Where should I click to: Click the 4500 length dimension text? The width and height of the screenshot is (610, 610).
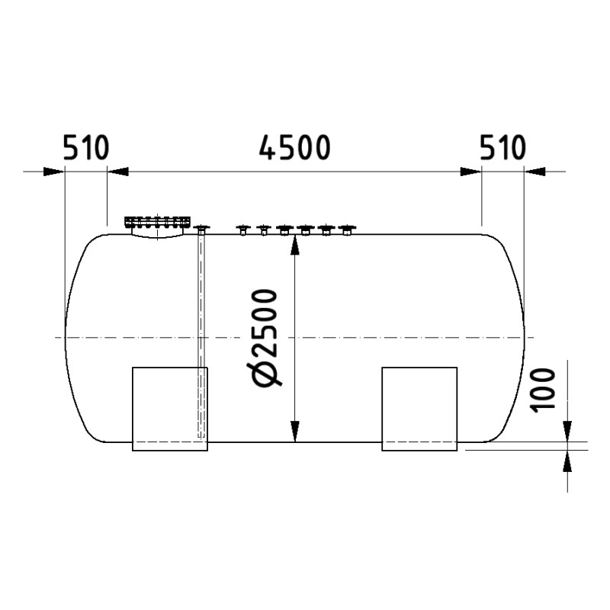294,148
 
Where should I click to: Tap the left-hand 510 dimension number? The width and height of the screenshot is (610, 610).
86,148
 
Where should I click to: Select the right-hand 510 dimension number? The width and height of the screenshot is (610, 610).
503,148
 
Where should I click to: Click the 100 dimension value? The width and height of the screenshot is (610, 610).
542,389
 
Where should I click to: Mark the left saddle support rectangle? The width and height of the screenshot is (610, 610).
170,409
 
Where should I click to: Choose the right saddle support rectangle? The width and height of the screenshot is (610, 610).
419,409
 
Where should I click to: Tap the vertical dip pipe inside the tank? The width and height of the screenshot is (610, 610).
202,335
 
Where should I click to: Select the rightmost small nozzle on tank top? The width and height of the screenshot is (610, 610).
348,229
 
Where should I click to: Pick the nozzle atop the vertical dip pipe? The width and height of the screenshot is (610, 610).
202,228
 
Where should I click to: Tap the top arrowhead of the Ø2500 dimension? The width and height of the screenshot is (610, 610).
294,242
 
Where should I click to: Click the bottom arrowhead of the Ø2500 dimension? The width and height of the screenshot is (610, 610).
294,432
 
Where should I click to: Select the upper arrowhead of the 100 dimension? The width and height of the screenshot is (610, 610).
570,432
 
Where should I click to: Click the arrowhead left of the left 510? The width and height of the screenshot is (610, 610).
53,171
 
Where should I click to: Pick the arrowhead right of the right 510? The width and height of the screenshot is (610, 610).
535,171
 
